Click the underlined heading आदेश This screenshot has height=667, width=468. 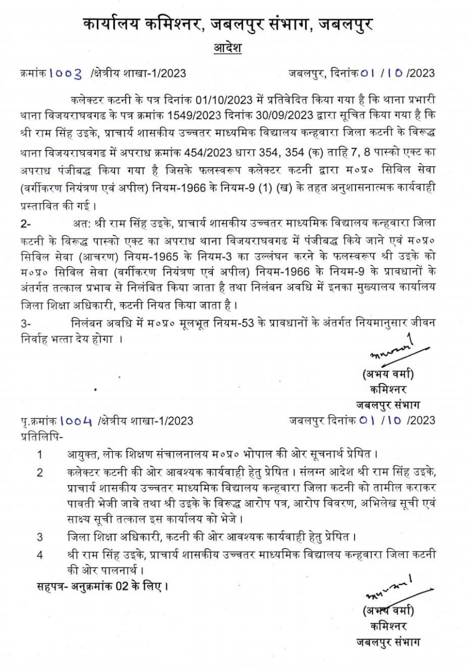(227, 49)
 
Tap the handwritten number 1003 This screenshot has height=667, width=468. (66, 73)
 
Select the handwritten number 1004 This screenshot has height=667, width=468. (75, 420)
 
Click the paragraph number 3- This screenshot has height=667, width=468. (26, 324)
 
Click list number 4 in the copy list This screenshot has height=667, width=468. (40, 553)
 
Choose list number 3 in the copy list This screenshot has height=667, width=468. (40, 536)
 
